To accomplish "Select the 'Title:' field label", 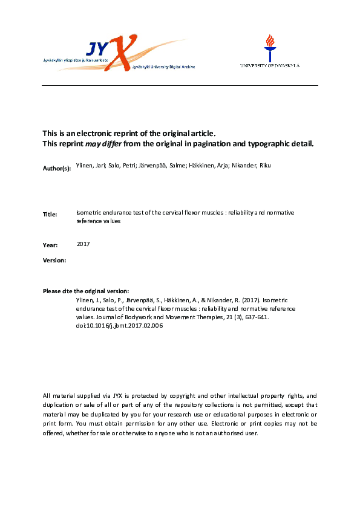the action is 50,215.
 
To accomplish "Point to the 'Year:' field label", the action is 50,245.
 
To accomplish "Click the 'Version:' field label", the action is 54,260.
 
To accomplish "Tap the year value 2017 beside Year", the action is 83,244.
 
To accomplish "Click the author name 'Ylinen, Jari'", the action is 89,164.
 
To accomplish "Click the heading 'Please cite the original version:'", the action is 86,291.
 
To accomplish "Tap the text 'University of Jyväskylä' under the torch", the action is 269,65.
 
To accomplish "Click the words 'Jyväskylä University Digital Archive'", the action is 159,67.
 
